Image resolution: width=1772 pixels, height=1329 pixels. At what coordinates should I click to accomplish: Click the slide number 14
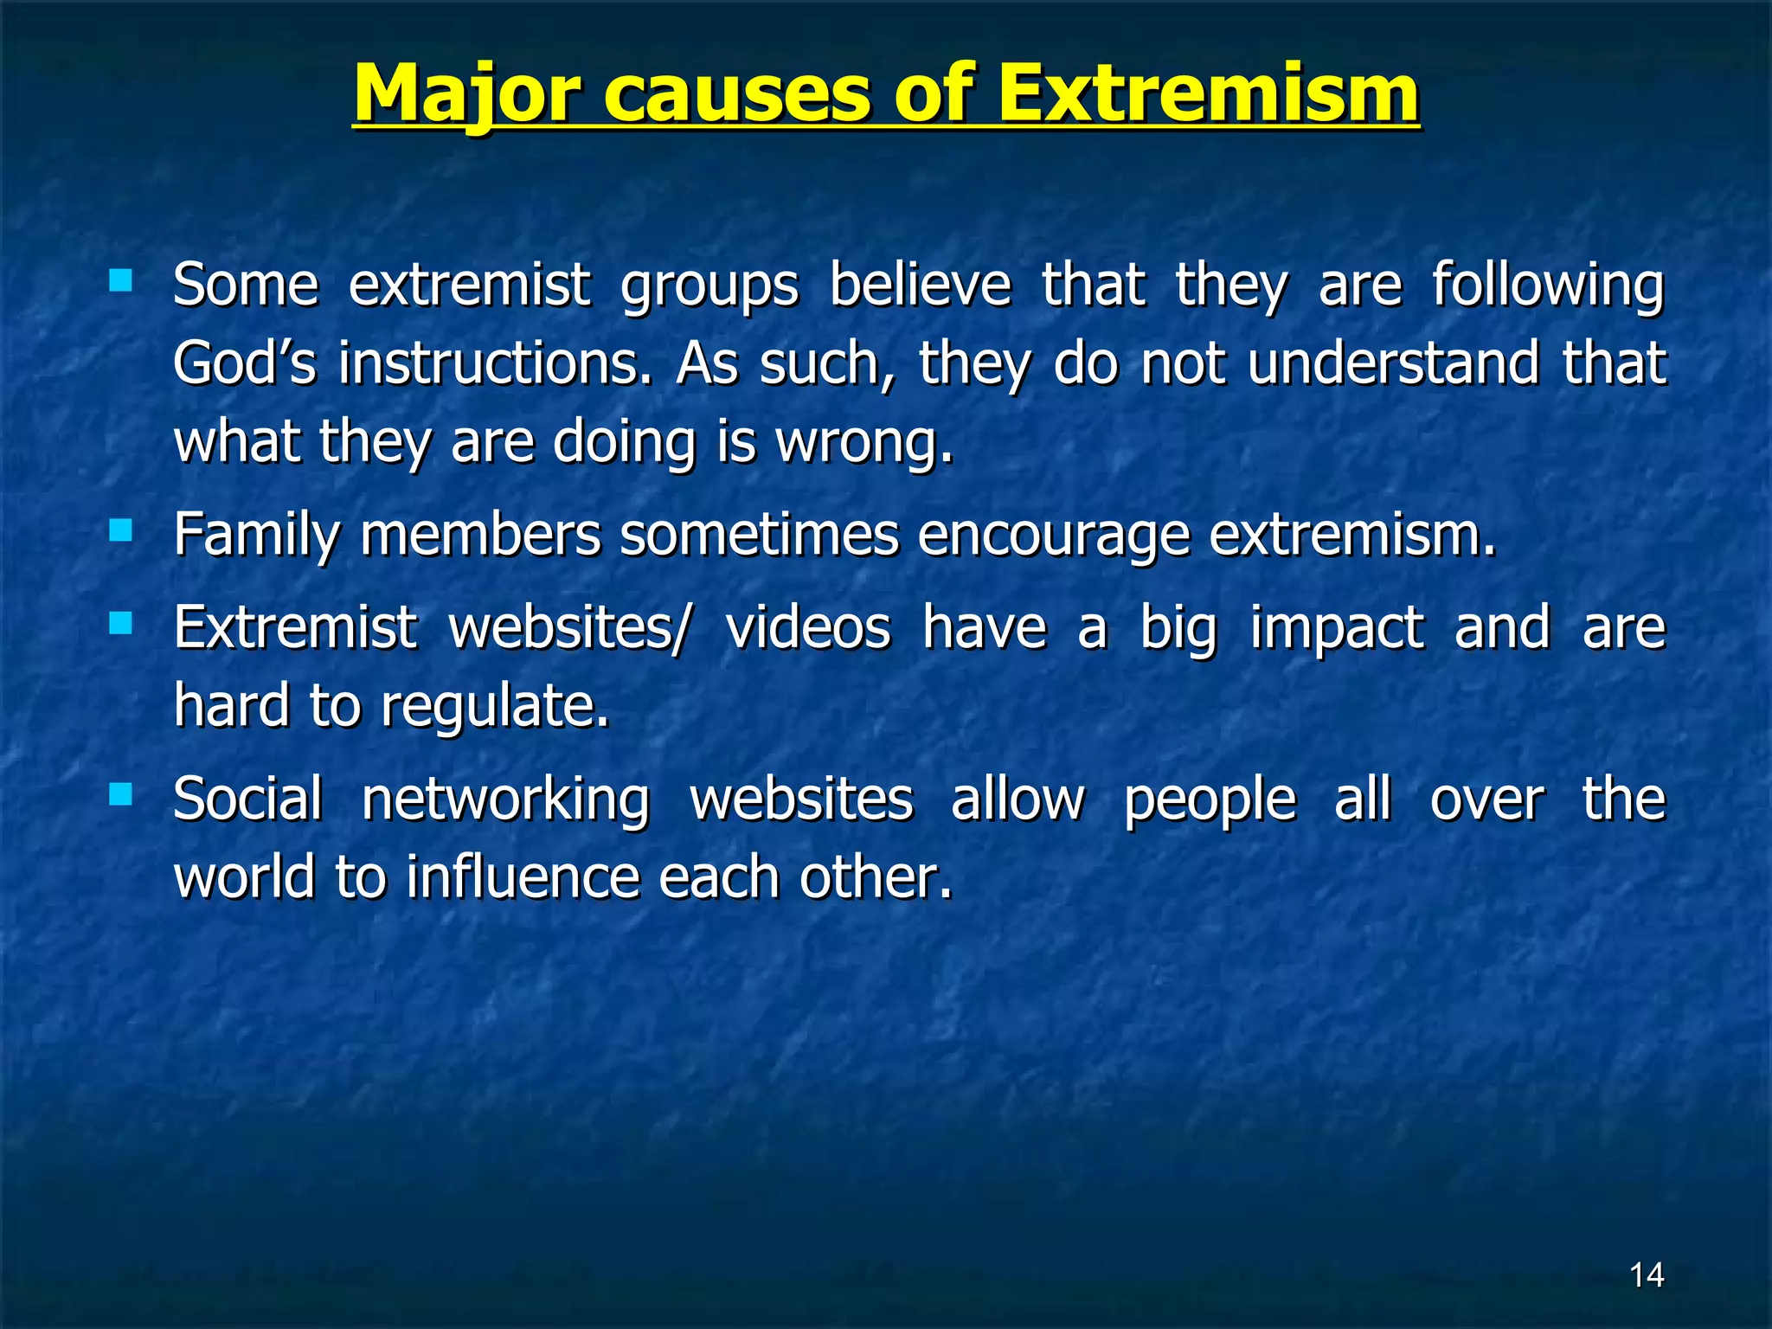1646,1274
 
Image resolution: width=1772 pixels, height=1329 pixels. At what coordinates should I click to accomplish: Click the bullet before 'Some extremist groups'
120,280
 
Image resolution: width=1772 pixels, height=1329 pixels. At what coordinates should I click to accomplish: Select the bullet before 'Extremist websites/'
120,623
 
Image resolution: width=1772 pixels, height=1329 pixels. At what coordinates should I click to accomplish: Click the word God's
245,363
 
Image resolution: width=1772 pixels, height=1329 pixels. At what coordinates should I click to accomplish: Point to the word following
1548,286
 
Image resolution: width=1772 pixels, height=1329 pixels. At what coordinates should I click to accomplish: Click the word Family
257,535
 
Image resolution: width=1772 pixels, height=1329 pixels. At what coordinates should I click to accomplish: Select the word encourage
1053,535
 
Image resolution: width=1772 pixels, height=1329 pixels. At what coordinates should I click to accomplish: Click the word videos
807,627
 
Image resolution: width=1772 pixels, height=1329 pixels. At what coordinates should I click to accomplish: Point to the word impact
1337,627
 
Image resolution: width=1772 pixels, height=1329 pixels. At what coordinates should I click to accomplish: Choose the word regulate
495,706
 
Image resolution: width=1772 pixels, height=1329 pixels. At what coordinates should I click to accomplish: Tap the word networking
505,799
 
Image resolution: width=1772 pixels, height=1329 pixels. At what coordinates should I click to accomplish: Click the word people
1210,799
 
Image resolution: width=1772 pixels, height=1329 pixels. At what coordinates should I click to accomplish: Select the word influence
523,876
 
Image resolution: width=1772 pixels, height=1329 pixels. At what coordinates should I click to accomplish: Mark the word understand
1393,363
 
